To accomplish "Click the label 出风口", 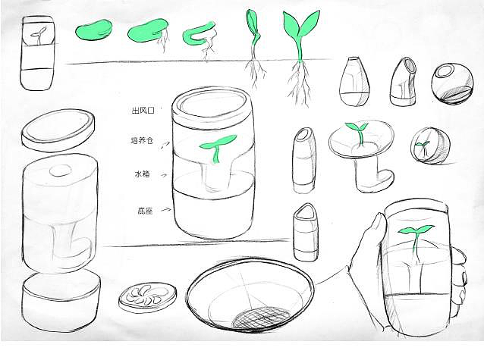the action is click(143, 111).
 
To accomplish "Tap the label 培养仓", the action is click(142, 141).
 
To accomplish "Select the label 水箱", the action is click(142, 174).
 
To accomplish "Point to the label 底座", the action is click(145, 211).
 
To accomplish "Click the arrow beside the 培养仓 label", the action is click(165, 144).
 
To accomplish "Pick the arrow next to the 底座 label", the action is click(166, 209).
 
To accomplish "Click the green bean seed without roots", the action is click(93, 30).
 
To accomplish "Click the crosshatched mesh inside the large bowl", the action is click(262, 318).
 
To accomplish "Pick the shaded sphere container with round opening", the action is click(452, 83).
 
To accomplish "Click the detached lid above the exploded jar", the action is click(58, 130).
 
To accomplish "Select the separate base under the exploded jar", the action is click(61, 301).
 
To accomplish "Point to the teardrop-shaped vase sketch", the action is click(354, 80).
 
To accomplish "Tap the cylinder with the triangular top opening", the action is click(305, 232).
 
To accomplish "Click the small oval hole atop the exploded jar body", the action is click(61, 171).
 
